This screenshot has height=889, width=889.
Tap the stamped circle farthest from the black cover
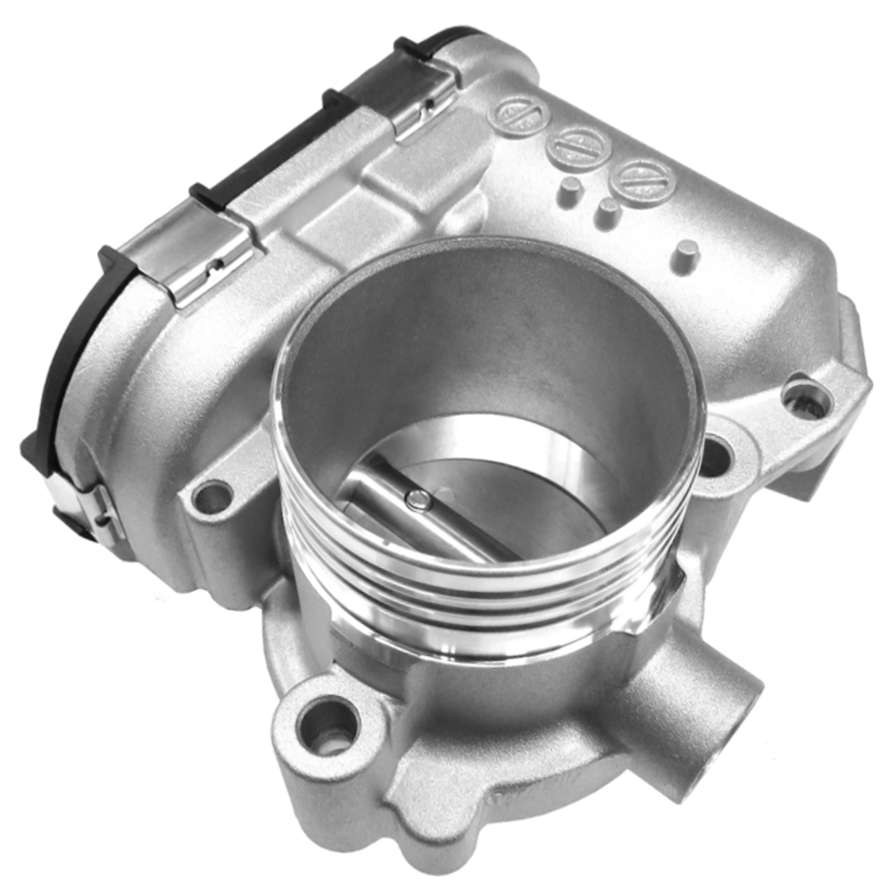[643, 180]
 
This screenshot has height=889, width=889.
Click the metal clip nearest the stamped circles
[426, 108]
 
